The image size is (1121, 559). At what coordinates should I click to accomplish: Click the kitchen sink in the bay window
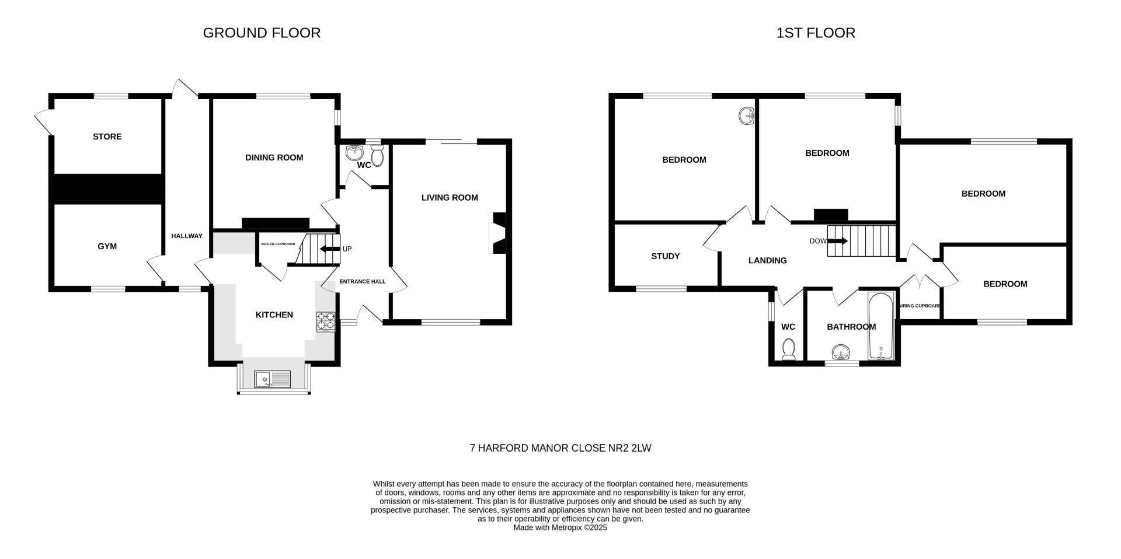(x=273, y=380)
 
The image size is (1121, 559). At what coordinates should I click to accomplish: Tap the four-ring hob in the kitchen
(x=326, y=322)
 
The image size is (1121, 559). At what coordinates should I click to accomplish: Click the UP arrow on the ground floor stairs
(x=330, y=249)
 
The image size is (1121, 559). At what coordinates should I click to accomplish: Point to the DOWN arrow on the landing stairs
(x=838, y=241)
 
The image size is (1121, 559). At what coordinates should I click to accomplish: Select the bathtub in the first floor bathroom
(x=880, y=327)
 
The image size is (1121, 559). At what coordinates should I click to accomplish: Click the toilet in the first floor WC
(x=789, y=348)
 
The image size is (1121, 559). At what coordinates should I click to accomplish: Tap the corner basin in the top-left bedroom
(x=747, y=117)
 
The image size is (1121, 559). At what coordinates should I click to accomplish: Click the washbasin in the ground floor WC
(x=354, y=153)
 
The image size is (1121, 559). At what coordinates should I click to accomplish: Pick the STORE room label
(x=107, y=137)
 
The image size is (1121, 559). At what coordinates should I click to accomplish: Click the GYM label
(x=107, y=246)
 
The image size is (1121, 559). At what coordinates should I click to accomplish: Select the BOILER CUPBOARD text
(x=278, y=244)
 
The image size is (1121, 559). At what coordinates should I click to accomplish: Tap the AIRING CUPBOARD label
(x=919, y=306)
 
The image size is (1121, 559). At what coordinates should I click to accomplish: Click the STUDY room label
(x=666, y=256)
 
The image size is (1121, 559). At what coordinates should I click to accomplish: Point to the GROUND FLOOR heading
(x=262, y=33)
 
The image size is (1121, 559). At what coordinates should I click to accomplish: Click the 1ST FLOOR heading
(x=816, y=33)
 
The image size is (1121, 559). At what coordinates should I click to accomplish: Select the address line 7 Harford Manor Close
(x=560, y=448)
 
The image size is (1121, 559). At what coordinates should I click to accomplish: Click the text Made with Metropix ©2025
(x=560, y=527)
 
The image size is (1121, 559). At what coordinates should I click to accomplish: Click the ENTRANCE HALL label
(x=363, y=281)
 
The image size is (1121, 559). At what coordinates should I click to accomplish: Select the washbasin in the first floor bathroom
(x=840, y=352)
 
